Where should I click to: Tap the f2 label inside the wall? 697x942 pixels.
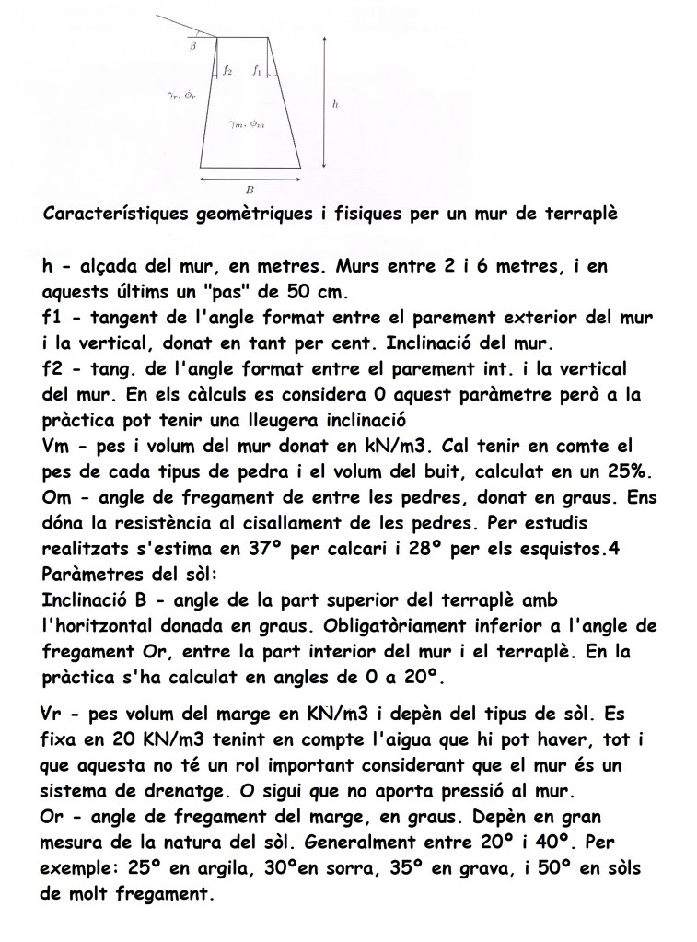(227, 69)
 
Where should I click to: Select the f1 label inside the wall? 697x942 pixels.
(258, 69)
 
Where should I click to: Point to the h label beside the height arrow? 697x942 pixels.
(334, 105)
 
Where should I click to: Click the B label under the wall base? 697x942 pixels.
(250, 189)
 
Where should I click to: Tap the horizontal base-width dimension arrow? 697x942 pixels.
(251, 177)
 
